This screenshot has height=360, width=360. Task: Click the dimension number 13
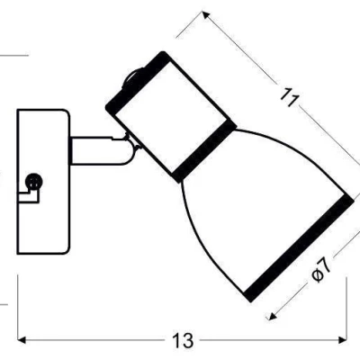coord(183,340)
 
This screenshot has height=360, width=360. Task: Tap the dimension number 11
coord(289,96)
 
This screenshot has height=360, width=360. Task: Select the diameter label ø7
coord(320,269)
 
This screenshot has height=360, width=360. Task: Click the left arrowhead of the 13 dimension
coord(22,340)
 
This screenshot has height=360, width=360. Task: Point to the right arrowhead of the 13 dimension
coord(343,340)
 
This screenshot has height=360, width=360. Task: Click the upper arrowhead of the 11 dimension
coord(206,15)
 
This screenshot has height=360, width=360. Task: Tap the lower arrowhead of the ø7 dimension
coord(273,316)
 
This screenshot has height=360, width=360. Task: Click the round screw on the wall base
coord(34,182)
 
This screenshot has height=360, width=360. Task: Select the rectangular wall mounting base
coord(43,182)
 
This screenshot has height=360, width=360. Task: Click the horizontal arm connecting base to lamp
coord(96,151)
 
